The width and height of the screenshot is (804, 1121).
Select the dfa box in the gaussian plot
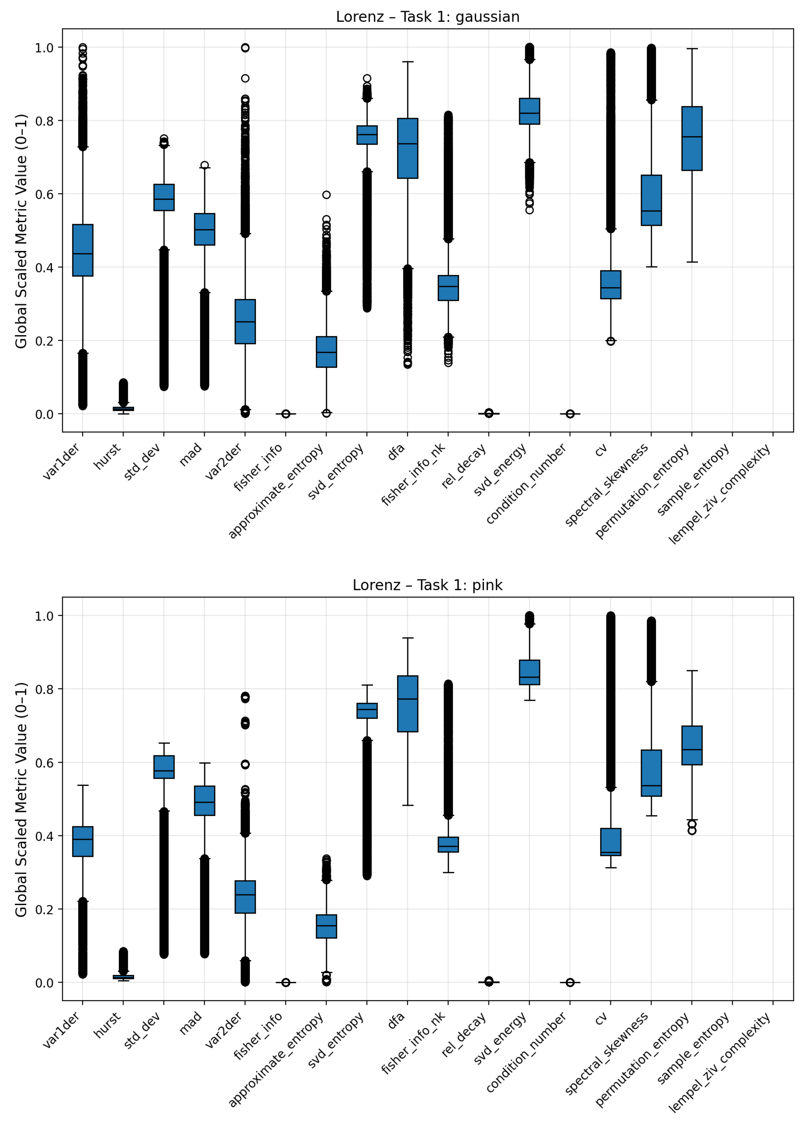[x=408, y=148]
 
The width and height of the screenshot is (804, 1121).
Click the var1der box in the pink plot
[x=83, y=841]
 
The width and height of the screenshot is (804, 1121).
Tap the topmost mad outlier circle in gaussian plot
[x=204, y=165]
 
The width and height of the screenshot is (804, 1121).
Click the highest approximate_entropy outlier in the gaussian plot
[x=326, y=195]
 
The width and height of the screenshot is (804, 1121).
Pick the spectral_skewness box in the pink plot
[x=651, y=773]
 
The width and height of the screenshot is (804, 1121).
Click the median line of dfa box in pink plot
[x=408, y=699]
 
